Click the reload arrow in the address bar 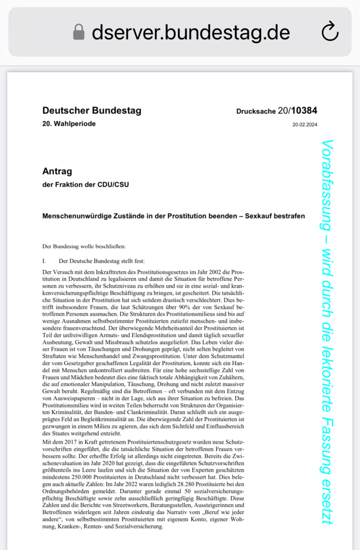(x=329, y=32)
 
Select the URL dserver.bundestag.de (x=191, y=32)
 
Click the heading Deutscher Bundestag (x=91, y=111)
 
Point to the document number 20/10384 (x=297, y=111)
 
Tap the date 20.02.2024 (x=305, y=124)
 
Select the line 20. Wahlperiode (x=69, y=124)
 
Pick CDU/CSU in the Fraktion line (x=113, y=185)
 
